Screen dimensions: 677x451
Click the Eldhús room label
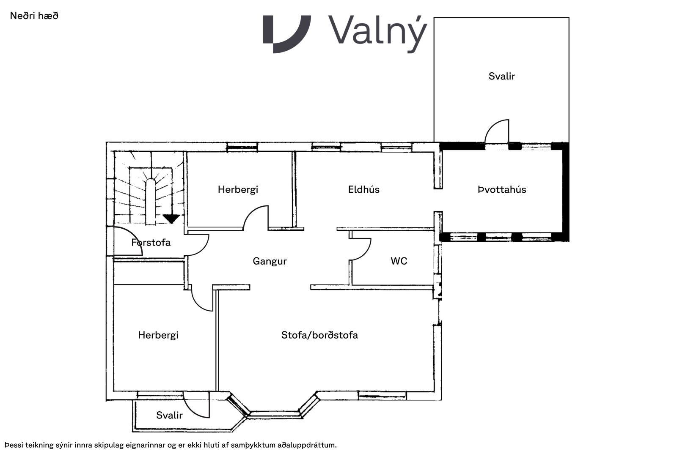[363, 190]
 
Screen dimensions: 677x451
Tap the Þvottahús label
[502, 190]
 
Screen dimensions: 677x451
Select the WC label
[399, 261]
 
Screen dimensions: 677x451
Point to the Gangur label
[270, 261]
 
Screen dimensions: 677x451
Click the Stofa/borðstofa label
[319, 335]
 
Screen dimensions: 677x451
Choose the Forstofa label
[151, 243]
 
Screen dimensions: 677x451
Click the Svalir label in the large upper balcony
[502, 77]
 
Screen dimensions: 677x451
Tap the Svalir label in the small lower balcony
[169, 415]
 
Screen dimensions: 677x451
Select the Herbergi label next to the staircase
[238, 190]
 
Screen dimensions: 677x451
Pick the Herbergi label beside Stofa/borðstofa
[158, 335]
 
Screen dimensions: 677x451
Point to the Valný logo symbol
[287, 34]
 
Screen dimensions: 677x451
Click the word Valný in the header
[378, 34]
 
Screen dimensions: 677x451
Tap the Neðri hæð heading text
[34, 16]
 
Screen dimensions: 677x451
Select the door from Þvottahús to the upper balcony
[497, 131]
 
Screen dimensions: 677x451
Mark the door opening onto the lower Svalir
[196, 405]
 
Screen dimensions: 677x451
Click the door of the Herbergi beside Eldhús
[256, 218]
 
